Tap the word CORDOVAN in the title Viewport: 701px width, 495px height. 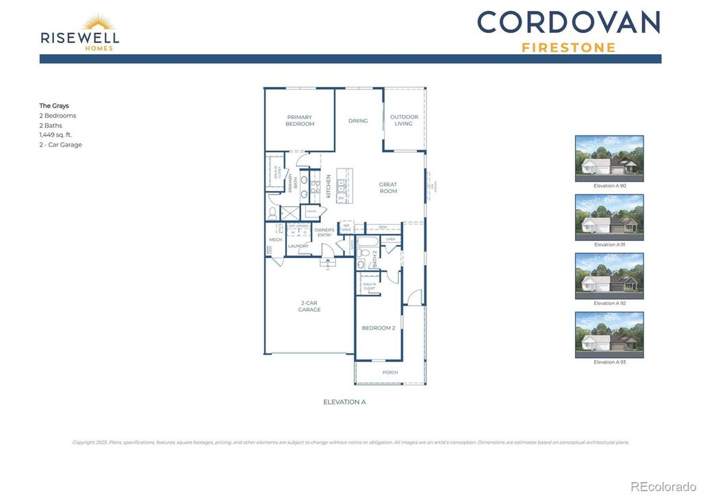pyautogui.click(x=568, y=22)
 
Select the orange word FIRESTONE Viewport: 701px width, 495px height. pyautogui.click(x=568, y=48)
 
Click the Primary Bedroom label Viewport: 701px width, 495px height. pyautogui.click(x=300, y=120)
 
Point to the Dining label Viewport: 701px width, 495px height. pyautogui.click(x=358, y=120)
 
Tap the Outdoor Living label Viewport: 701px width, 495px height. pyautogui.click(x=404, y=120)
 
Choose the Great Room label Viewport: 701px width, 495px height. pyautogui.click(x=388, y=188)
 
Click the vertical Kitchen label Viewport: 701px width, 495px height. pyautogui.click(x=329, y=186)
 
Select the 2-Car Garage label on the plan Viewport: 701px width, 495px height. pyautogui.click(x=309, y=306)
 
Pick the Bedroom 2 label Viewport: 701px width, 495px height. pyautogui.click(x=379, y=328)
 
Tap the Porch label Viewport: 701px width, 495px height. pyautogui.click(x=390, y=372)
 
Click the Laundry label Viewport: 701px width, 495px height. pyautogui.click(x=298, y=246)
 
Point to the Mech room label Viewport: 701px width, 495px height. pyautogui.click(x=275, y=240)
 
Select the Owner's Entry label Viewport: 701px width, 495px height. pyautogui.click(x=324, y=233)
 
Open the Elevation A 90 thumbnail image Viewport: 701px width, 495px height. pyautogui.click(x=609, y=158)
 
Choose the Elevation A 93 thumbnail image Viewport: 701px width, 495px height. pyautogui.click(x=609, y=335)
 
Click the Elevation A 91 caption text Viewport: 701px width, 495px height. pyautogui.click(x=609, y=244)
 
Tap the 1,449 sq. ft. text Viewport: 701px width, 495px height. pyautogui.click(x=55, y=135)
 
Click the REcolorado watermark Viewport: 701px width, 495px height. pyautogui.click(x=662, y=486)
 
